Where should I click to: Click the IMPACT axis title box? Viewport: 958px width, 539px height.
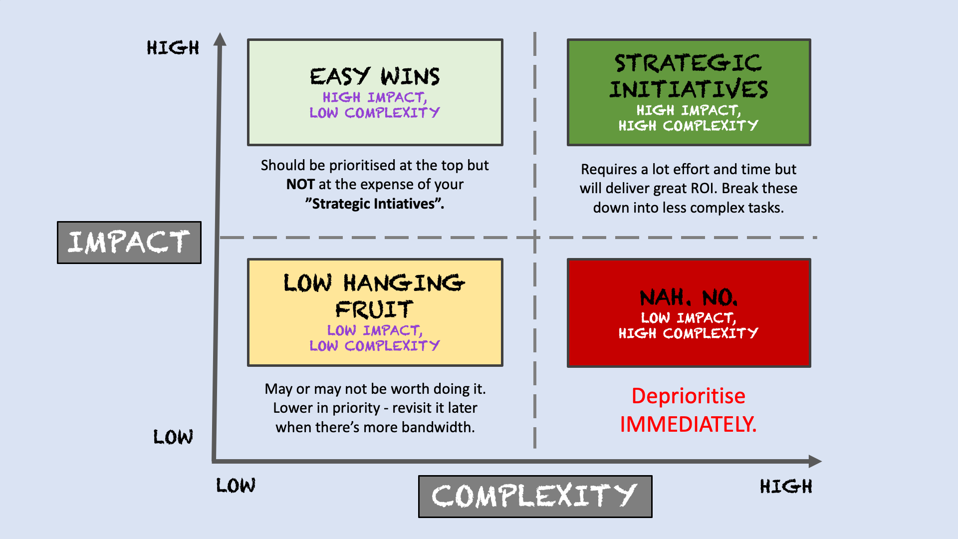(x=129, y=243)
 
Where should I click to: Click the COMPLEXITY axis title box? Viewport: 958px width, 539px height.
(x=535, y=496)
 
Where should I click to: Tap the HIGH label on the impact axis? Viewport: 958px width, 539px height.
(x=173, y=48)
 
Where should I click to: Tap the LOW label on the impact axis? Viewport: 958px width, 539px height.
(x=173, y=437)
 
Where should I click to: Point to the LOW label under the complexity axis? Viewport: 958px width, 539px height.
(x=236, y=486)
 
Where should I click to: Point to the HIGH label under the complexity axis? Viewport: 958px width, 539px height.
(x=786, y=487)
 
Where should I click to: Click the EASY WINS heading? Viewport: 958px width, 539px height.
(x=375, y=77)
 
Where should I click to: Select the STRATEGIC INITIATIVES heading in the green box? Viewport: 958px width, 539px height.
(x=689, y=76)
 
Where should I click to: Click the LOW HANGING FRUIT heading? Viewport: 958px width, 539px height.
(x=375, y=296)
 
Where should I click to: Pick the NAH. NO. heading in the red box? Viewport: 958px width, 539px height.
(x=689, y=297)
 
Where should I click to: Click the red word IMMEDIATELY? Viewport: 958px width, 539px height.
(x=688, y=425)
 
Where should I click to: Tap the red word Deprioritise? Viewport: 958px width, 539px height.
(x=688, y=396)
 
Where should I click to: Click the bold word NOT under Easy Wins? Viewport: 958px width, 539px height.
(x=300, y=185)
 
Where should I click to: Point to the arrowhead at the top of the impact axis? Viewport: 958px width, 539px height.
(x=220, y=39)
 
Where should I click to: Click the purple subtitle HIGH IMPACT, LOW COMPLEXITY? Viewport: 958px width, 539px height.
(x=375, y=105)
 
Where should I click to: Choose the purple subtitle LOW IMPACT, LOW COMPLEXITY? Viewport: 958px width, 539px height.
(x=375, y=338)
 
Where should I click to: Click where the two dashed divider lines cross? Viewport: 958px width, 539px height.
(x=535, y=238)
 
